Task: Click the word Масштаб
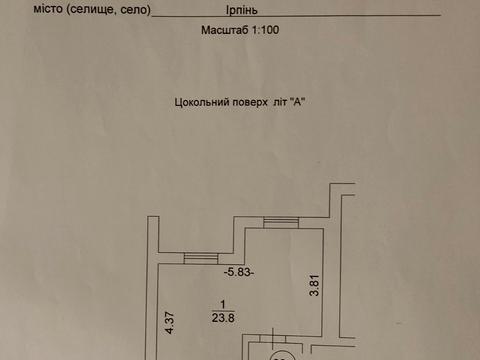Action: pos(223,32)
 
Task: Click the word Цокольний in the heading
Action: pos(200,101)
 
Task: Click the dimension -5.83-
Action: pos(241,271)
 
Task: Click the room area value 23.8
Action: pos(224,319)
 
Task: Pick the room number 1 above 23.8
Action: pos(224,305)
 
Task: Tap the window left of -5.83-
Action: pos(199,258)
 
